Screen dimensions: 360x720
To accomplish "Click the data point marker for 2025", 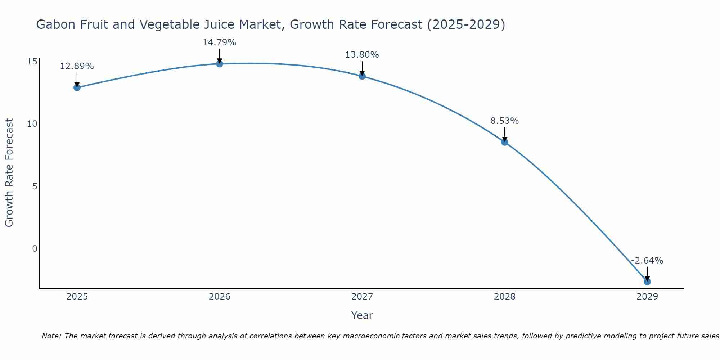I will coord(77,87).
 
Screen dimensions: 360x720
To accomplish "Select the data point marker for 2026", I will coord(220,64).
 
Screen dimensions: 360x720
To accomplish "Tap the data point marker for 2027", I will coord(362,76).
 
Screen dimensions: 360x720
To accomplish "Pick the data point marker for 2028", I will coord(505,142).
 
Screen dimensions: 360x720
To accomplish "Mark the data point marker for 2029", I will coord(647,282).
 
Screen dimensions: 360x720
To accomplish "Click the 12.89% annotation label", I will coord(77,66).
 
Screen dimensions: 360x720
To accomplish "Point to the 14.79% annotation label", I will coord(220,42).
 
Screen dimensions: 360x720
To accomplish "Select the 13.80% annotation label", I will coord(362,55).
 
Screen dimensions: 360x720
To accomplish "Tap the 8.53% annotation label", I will coord(505,121).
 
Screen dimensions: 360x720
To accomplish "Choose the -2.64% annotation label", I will coord(647,261).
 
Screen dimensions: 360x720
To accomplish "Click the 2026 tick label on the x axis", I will coord(220,297).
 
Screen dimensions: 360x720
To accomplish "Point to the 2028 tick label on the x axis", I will coord(505,297).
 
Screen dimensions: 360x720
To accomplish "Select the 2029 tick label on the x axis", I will coord(647,297).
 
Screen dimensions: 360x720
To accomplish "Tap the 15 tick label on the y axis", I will coord(32,62).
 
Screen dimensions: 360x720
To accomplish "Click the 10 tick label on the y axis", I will coord(32,124).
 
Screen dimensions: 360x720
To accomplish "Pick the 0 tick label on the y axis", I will coord(35,249).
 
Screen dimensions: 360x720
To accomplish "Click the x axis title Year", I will coord(362,315).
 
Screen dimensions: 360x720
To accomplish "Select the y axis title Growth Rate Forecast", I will coord(9,173).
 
